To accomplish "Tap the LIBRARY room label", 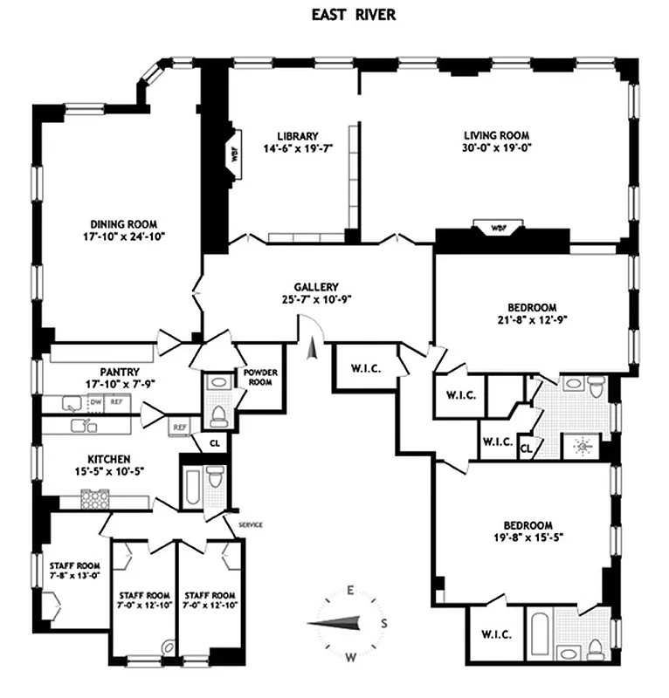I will click(x=297, y=136).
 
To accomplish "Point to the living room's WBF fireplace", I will click(x=498, y=229).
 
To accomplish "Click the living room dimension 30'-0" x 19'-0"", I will click(x=497, y=148).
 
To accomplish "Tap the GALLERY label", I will click(x=316, y=287).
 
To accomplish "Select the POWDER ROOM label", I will click(x=260, y=378).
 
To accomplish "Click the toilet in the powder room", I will click(x=217, y=411).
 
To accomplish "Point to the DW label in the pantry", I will click(x=96, y=402).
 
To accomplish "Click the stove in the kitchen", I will click(x=94, y=498).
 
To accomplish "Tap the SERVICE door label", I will click(x=250, y=524).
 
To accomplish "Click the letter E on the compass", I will click(x=350, y=591).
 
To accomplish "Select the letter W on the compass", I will click(x=351, y=655).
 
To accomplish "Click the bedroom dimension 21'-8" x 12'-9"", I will click(x=532, y=319).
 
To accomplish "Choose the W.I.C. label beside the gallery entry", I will click(x=365, y=368).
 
